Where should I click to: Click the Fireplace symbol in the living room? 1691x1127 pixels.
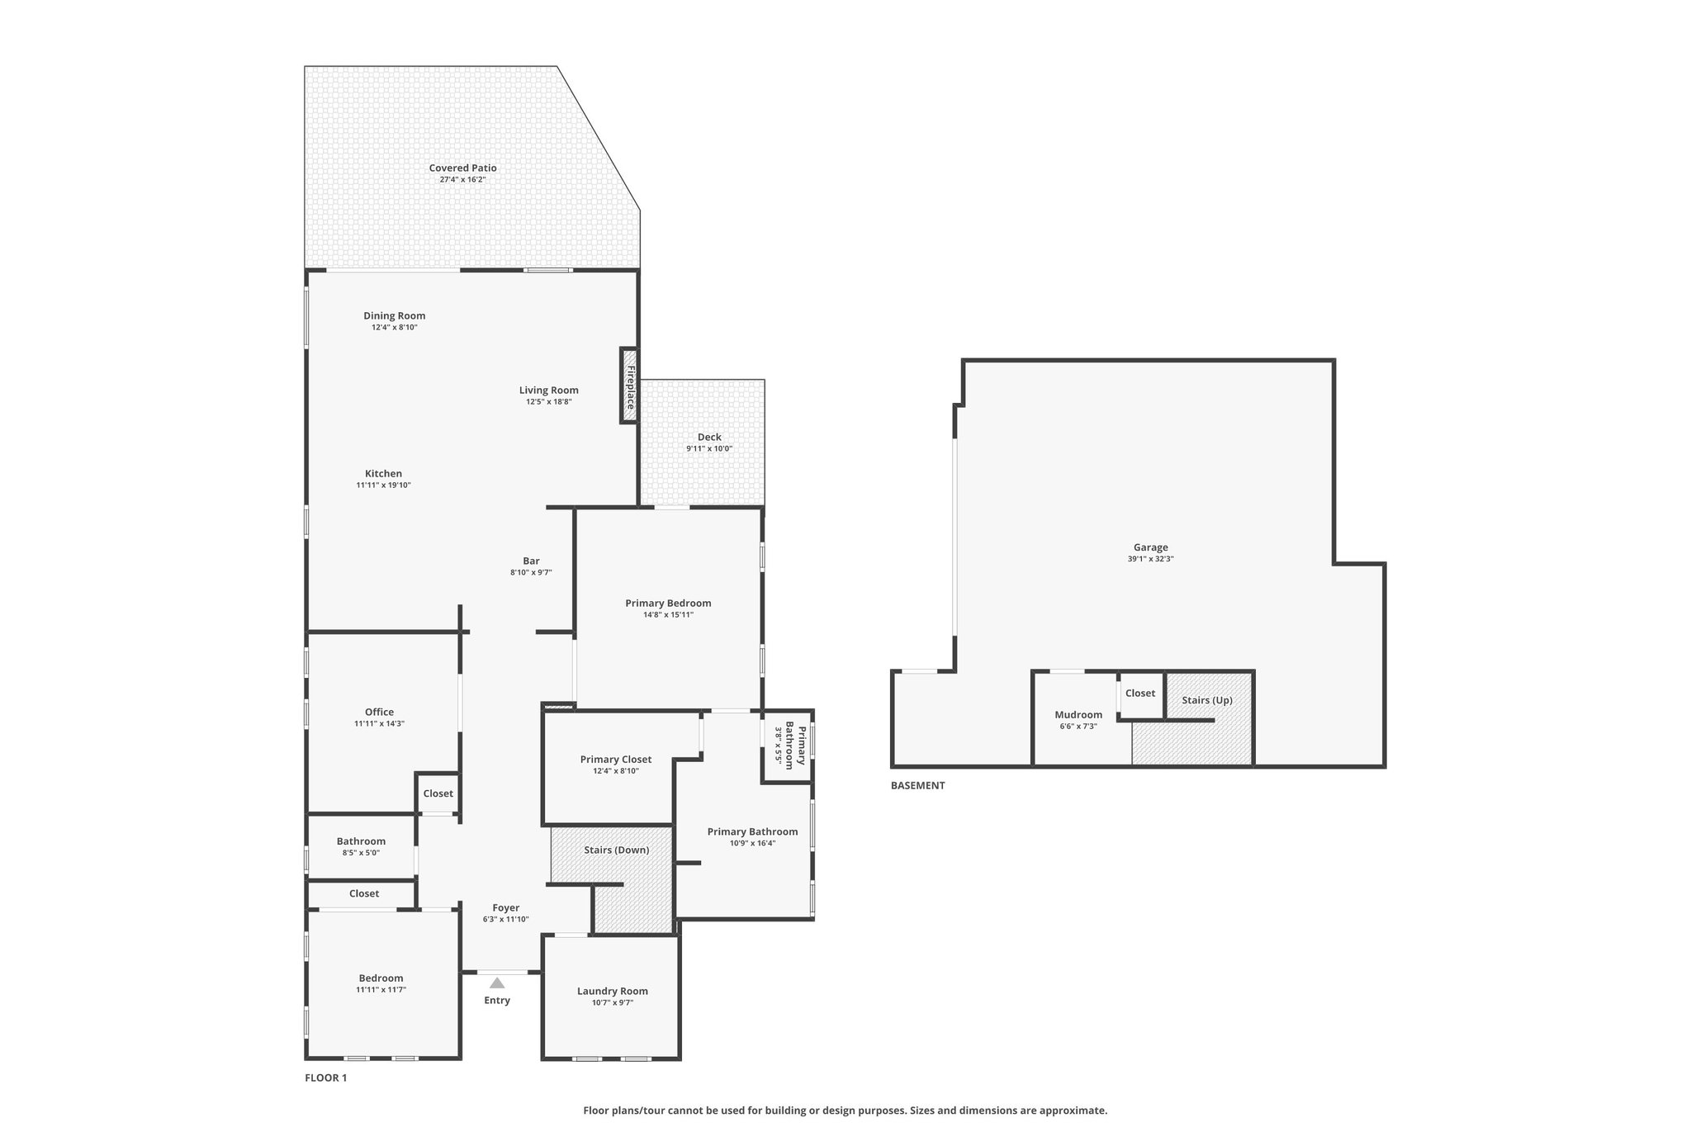629,386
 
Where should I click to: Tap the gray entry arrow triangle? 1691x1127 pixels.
497,983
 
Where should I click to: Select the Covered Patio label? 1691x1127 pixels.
462,168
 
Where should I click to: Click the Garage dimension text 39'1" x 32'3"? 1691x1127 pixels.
1150,559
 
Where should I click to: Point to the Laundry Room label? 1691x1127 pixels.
613,991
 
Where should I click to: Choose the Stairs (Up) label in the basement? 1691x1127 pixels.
1207,700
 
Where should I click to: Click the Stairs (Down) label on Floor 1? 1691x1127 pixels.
617,850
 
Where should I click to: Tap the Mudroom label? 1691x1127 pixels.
1078,715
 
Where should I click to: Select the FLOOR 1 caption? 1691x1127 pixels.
326,1077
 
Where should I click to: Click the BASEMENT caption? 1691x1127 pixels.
917,785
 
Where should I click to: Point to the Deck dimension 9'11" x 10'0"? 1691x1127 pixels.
709,449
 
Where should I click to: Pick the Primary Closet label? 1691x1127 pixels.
616,760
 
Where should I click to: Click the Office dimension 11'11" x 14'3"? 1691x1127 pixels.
380,724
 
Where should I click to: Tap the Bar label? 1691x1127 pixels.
531,561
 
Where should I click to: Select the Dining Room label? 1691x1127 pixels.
395,315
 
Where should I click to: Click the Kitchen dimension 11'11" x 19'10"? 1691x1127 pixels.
383,485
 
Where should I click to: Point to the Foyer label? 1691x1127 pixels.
506,907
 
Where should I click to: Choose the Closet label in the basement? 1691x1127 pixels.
1140,694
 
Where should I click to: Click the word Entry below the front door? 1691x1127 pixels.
497,1001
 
